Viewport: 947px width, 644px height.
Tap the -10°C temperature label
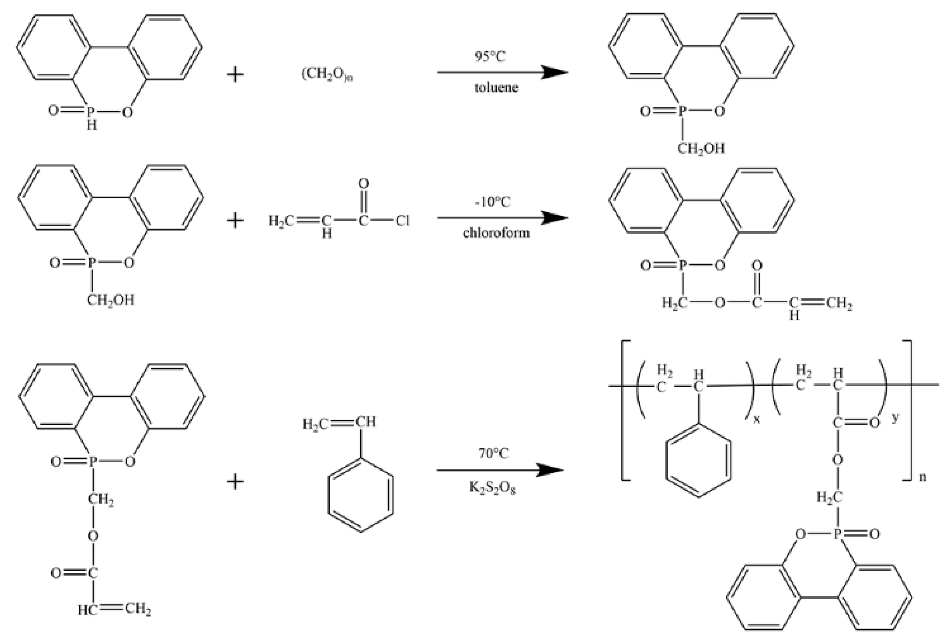(492, 202)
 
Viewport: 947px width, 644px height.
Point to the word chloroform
(496, 233)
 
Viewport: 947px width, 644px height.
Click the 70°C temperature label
(493, 453)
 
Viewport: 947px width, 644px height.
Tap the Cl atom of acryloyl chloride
(402, 221)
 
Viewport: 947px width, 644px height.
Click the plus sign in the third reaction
(235, 482)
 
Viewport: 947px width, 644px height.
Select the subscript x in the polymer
(756, 419)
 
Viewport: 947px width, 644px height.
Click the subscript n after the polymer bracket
(922, 476)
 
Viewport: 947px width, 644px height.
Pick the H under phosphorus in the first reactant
(92, 125)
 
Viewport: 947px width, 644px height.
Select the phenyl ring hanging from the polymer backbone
(698, 461)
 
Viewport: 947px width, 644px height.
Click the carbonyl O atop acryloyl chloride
(363, 183)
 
